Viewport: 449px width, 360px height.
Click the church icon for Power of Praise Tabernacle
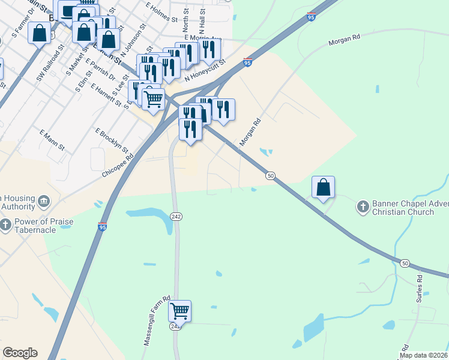click(x=5, y=226)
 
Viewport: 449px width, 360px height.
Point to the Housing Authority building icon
click(x=43, y=200)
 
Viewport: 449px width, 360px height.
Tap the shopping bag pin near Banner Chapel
click(x=323, y=187)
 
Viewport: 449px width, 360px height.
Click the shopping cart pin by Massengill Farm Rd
click(x=179, y=311)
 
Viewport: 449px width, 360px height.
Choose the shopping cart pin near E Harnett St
click(x=153, y=99)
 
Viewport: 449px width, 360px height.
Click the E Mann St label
click(x=52, y=139)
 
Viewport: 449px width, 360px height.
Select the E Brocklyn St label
click(x=112, y=139)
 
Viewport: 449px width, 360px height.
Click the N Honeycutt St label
click(x=205, y=70)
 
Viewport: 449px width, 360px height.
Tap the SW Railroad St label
click(x=49, y=63)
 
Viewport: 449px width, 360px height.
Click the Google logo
click(x=20, y=353)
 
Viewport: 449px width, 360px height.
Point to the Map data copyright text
click(x=424, y=355)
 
